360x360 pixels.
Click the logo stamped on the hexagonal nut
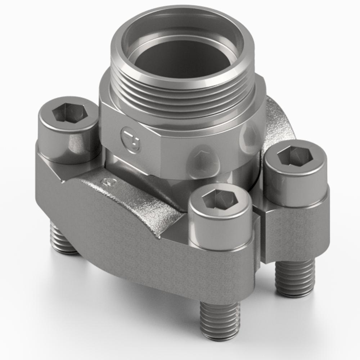131,140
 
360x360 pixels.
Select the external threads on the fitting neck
184,97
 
